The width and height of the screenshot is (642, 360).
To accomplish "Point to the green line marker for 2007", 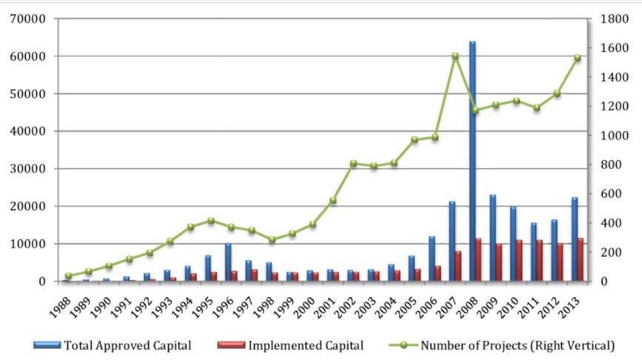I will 455,56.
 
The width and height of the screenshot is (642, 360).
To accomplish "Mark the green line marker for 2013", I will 578,58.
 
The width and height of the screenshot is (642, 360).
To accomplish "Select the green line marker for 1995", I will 211,221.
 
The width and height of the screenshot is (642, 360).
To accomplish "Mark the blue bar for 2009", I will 492,238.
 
